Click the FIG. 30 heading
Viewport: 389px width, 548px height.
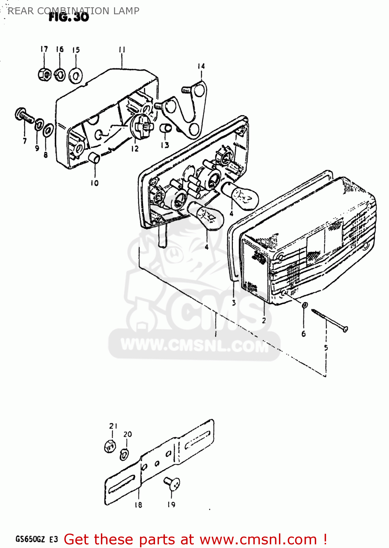(69, 17)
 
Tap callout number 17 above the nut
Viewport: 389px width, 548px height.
(44, 49)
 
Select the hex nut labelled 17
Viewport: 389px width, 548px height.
(44, 75)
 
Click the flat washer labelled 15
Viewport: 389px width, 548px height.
(76, 76)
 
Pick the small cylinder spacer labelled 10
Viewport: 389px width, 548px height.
(95, 159)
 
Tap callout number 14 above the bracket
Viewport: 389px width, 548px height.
(201, 66)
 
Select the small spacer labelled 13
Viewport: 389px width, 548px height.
(166, 128)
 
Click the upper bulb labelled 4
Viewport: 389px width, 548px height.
(240, 196)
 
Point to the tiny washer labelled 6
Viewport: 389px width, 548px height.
(305, 305)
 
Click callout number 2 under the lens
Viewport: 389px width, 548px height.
(264, 320)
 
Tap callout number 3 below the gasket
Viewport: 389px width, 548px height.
(234, 302)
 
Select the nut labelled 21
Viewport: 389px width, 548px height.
(110, 446)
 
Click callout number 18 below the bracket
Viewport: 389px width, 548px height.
(138, 505)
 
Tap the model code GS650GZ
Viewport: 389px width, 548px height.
(31, 539)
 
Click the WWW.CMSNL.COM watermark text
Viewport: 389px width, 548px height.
(194, 345)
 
